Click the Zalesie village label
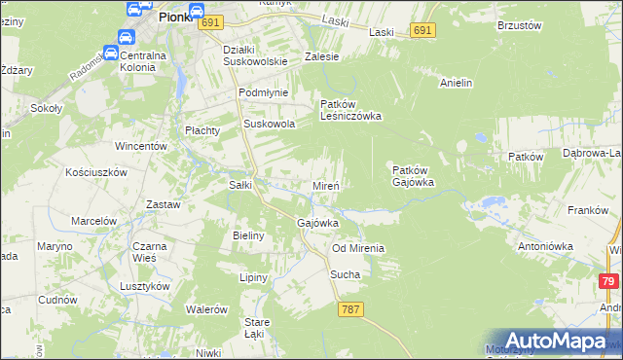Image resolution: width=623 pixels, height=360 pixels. pos(321,56)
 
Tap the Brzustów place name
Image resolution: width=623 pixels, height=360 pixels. pos(518,25)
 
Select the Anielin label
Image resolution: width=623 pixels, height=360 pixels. pos(456,84)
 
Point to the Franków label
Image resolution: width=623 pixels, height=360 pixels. pos(587,210)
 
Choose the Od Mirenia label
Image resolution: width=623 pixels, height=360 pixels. pos(357,248)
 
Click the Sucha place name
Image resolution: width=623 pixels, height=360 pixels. pos(345,274)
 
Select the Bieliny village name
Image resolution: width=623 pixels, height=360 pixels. pos(250,235)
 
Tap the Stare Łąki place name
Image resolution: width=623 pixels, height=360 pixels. pos(257,328)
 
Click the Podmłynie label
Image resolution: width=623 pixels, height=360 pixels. pos(260,93)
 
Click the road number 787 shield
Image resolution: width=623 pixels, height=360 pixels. pos(351,309)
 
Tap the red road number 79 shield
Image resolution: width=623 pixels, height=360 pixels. pos(608,281)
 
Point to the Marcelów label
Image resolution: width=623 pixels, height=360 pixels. pos(93,221)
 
